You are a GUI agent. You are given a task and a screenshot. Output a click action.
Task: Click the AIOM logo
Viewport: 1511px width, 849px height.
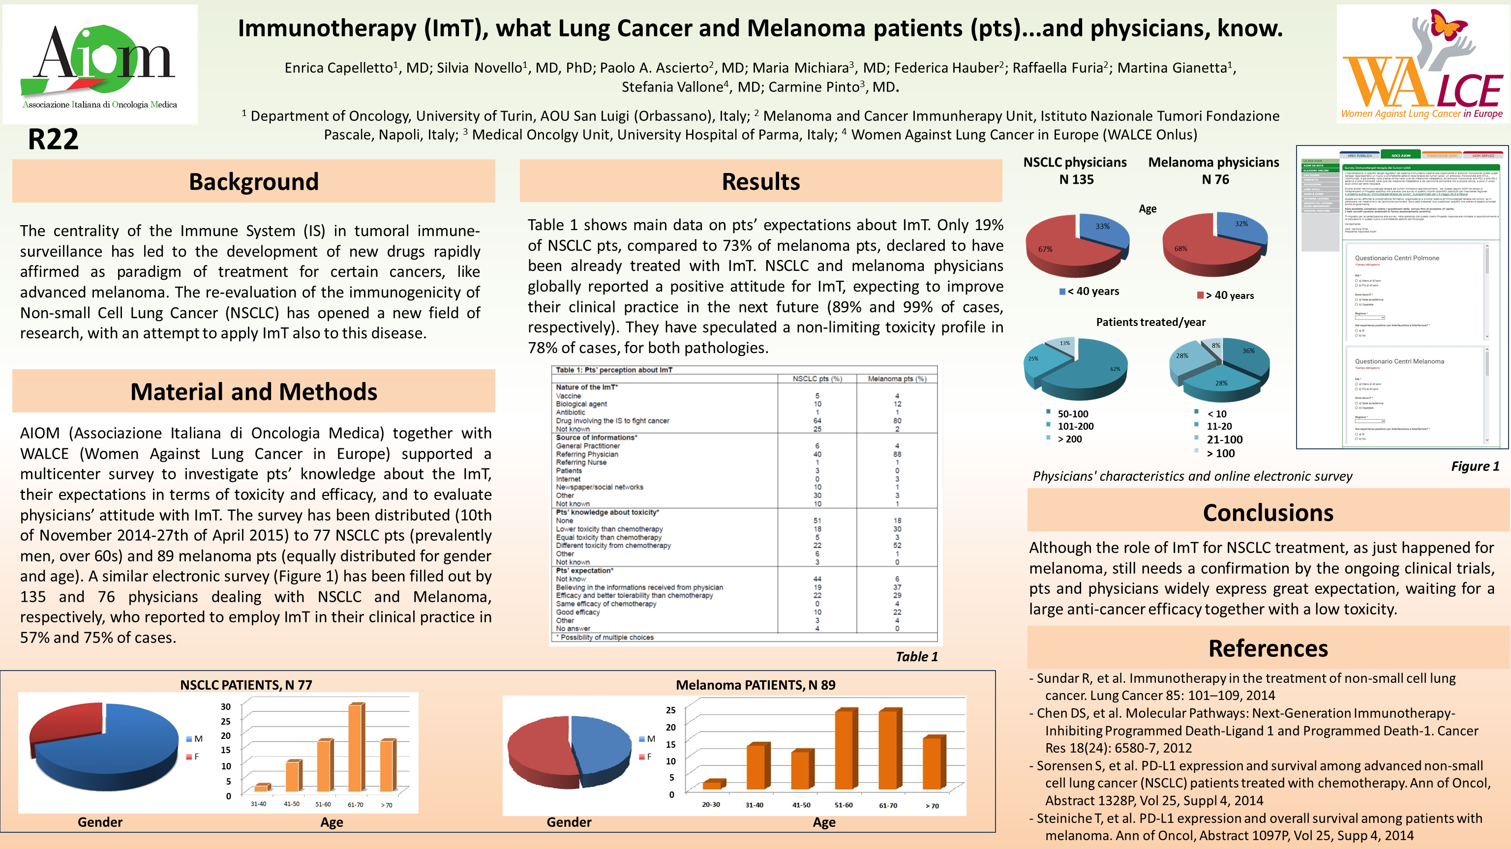pyautogui.click(x=100, y=64)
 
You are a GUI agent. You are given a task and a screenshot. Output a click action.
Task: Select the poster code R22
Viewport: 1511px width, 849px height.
pyautogui.click(x=53, y=140)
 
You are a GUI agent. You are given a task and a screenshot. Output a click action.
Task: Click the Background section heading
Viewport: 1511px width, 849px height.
pyautogui.click(x=253, y=182)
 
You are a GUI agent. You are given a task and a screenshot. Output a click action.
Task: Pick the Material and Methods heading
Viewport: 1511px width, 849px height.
pyautogui.click(x=253, y=392)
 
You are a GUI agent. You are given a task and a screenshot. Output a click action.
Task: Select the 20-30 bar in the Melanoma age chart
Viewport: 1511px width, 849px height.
pyautogui.click(x=713, y=785)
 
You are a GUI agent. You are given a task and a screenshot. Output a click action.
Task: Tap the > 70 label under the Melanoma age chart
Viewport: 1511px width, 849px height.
pyautogui.click(x=932, y=806)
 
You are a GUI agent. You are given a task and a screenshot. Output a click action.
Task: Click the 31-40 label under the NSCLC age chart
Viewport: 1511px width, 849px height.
pyautogui.click(x=258, y=804)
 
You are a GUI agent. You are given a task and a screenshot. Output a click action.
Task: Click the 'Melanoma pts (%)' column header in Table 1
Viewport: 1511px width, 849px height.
pyautogui.click(x=897, y=379)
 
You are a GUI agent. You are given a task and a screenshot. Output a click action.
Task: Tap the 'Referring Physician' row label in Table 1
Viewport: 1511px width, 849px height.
pyautogui.click(x=587, y=454)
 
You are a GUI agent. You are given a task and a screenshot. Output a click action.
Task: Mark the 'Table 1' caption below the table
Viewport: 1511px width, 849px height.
pyautogui.click(x=916, y=657)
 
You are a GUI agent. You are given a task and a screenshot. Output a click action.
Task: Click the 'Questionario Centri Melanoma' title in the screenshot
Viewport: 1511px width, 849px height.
pyautogui.click(x=1399, y=361)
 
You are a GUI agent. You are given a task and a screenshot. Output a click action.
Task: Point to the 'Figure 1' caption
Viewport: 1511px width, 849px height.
pyautogui.click(x=1475, y=466)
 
